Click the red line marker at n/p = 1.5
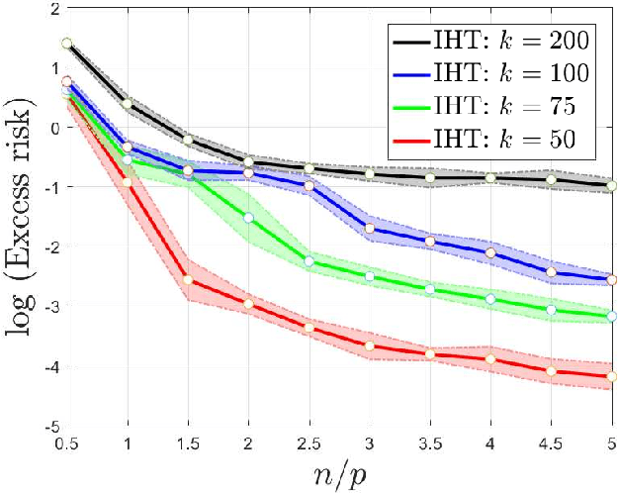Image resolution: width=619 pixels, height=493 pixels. (x=188, y=280)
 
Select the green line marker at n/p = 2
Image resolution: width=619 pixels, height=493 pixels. (x=248, y=217)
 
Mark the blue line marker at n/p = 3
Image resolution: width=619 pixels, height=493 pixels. (x=370, y=229)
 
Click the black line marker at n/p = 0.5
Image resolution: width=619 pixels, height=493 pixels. (x=66, y=44)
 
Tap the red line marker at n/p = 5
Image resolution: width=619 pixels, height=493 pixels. (x=612, y=376)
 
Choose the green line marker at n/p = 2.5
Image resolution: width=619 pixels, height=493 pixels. (x=309, y=261)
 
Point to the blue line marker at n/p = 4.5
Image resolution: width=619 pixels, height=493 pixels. (x=552, y=272)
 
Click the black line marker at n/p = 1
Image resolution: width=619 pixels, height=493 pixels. (x=127, y=103)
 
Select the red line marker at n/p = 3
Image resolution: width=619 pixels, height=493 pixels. (x=370, y=345)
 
